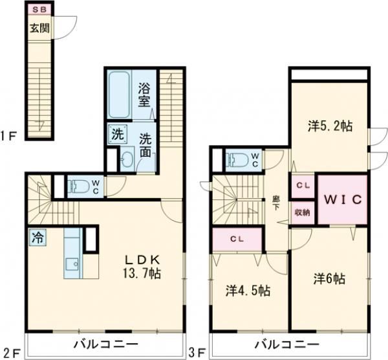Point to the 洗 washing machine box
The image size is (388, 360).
click(x=116, y=135)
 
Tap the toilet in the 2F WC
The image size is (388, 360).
click(x=80, y=186)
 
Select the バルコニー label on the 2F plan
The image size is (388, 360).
click(x=105, y=343)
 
